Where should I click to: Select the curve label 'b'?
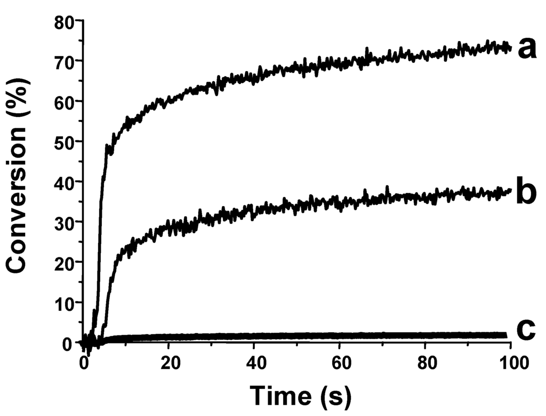(526, 193)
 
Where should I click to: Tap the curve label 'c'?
(525, 331)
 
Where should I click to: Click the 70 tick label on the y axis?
(65, 61)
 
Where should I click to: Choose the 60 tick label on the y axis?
(65, 101)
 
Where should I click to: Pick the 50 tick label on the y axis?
(65, 142)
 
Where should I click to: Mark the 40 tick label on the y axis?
(65, 182)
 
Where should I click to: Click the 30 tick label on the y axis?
(65, 222)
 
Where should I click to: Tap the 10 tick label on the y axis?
(65, 302)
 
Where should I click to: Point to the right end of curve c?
(505, 335)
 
